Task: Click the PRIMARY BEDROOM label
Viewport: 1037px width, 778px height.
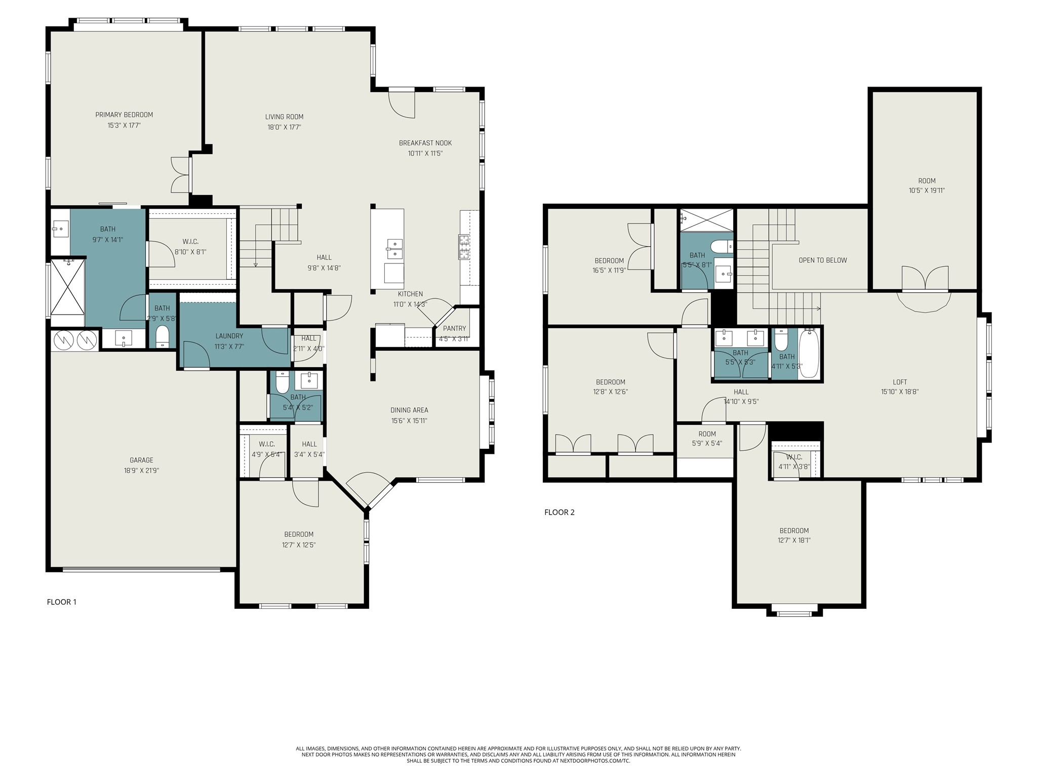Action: pyautogui.click(x=124, y=115)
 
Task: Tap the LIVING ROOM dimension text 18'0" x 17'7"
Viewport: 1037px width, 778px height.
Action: pyautogui.click(x=284, y=127)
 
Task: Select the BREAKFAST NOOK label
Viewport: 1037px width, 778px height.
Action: pyautogui.click(x=425, y=143)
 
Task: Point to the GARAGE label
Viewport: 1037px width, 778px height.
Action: pyautogui.click(x=141, y=460)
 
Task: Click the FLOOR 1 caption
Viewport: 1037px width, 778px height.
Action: pyautogui.click(x=61, y=602)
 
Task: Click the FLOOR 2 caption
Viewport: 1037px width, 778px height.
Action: pyautogui.click(x=559, y=512)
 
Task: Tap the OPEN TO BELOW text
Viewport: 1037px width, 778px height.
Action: pyautogui.click(x=822, y=260)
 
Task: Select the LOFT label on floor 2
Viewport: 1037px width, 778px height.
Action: pyautogui.click(x=899, y=382)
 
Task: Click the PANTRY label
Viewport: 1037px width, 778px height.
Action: pyautogui.click(x=454, y=328)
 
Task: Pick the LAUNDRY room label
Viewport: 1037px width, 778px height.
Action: pyautogui.click(x=229, y=336)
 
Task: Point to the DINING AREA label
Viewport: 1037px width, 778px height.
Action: pyautogui.click(x=409, y=410)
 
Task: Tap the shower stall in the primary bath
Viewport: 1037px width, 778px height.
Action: pyautogui.click(x=67, y=286)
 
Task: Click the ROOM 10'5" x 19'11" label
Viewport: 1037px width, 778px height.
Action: pyautogui.click(x=927, y=181)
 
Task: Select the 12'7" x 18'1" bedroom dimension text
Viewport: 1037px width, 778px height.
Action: pyautogui.click(x=794, y=540)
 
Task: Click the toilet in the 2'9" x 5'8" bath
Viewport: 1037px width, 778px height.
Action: pyautogui.click(x=163, y=337)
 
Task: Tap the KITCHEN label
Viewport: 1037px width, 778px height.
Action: pyautogui.click(x=410, y=294)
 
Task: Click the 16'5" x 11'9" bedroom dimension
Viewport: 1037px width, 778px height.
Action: pyautogui.click(x=609, y=270)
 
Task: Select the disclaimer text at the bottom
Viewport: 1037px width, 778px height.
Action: pyautogui.click(x=518, y=754)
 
